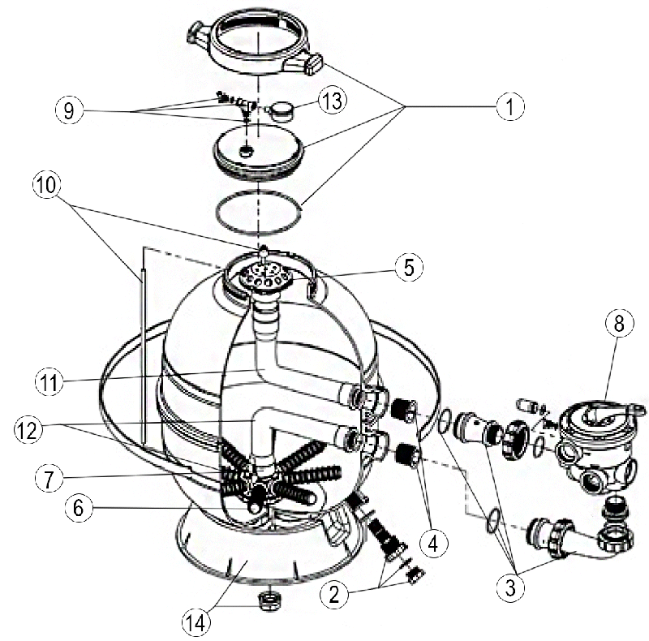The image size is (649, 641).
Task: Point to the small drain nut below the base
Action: point(266,602)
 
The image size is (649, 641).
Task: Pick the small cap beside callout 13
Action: point(281,108)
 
